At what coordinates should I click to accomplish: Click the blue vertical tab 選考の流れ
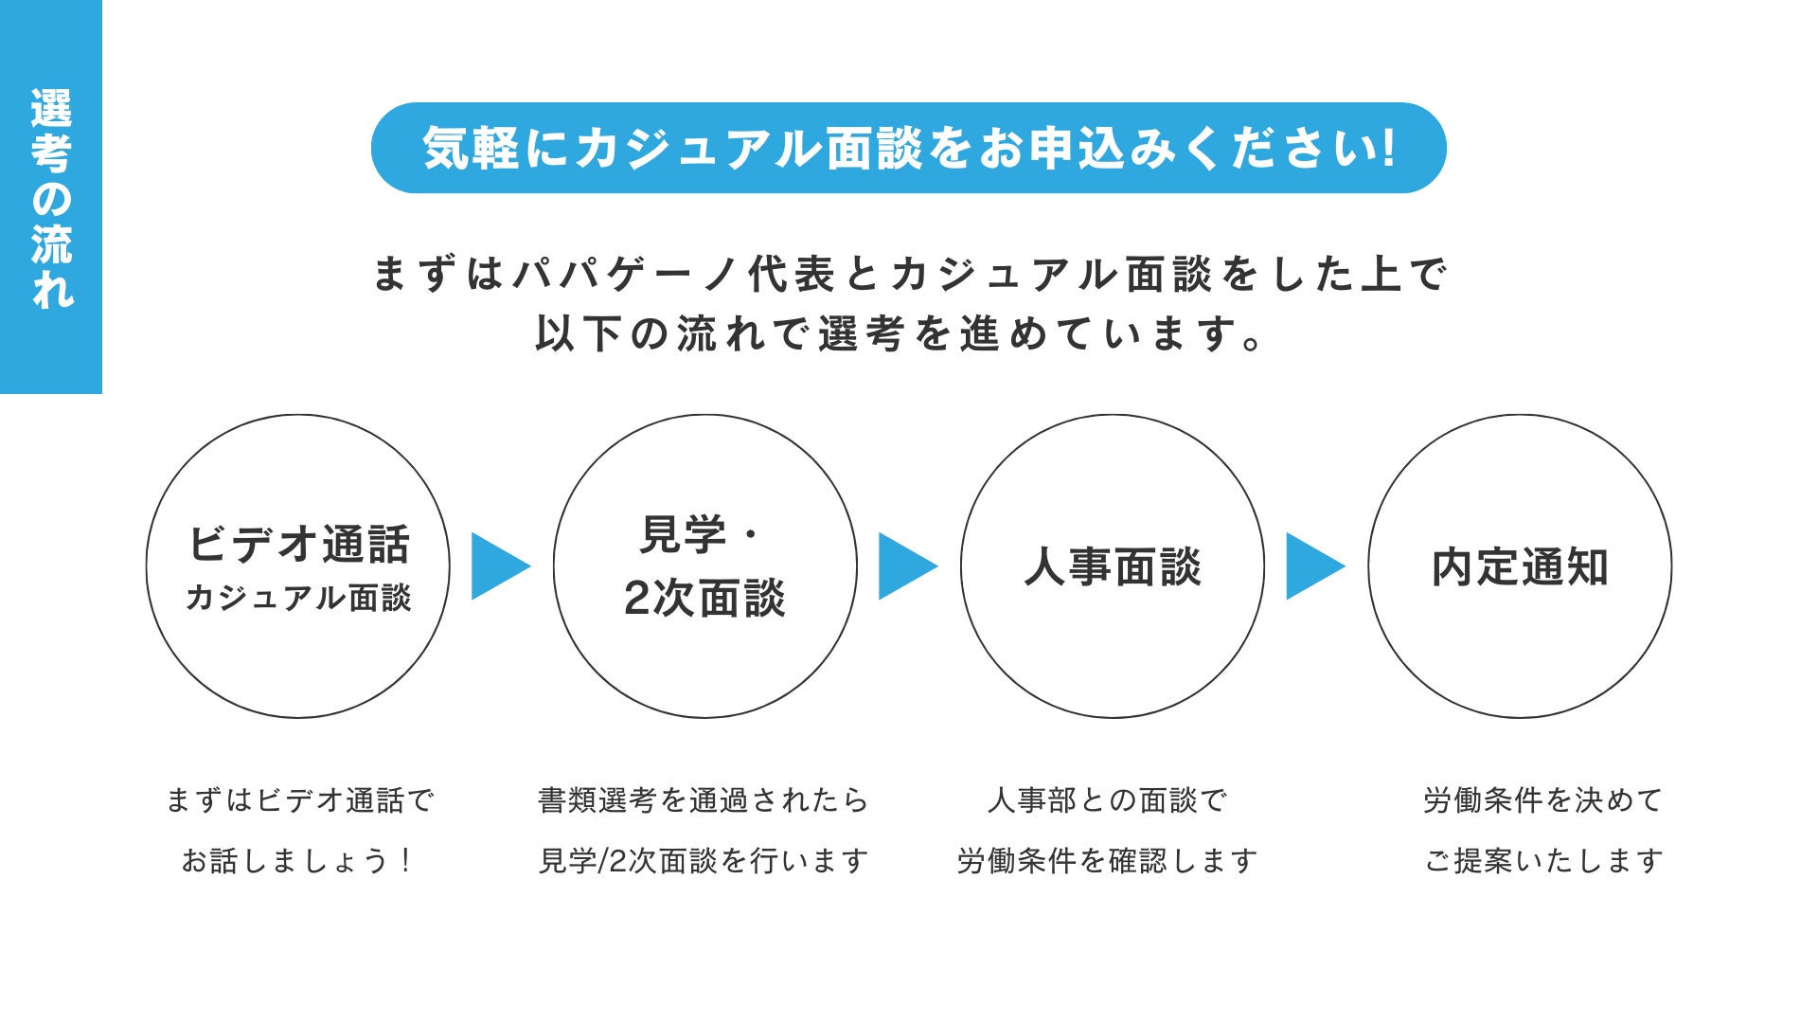pyautogui.click(x=51, y=197)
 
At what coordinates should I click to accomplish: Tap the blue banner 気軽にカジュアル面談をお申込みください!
pyautogui.click(x=908, y=149)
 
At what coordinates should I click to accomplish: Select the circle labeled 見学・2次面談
pyautogui.click(x=704, y=565)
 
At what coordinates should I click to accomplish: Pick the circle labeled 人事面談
pyautogui.click(x=1113, y=566)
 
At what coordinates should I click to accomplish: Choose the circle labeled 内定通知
pyautogui.click(x=1520, y=566)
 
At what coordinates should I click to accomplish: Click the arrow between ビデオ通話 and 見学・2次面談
pyautogui.click(x=498, y=566)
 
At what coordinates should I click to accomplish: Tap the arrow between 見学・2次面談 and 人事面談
pyautogui.click(x=905, y=566)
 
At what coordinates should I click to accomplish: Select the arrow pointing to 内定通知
pyautogui.click(x=1312, y=566)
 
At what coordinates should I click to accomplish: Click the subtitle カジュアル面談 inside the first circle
pyautogui.click(x=298, y=598)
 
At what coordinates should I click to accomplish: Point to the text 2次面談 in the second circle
pyautogui.click(x=704, y=599)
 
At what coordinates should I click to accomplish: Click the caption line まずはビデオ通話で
pyautogui.click(x=299, y=800)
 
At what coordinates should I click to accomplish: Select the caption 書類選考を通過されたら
pyautogui.click(x=704, y=800)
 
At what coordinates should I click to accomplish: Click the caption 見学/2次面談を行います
pyautogui.click(x=704, y=860)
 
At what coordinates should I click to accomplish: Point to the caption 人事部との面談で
pyautogui.click(x=1107, y=800)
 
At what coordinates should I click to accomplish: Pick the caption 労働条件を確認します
pyautogui.click(x=1107, y=860)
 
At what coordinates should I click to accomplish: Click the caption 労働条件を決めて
pyautogui.click(x=1543, y=800)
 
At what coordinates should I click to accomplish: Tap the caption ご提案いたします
pyautogui.click(x=1543, y=860)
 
